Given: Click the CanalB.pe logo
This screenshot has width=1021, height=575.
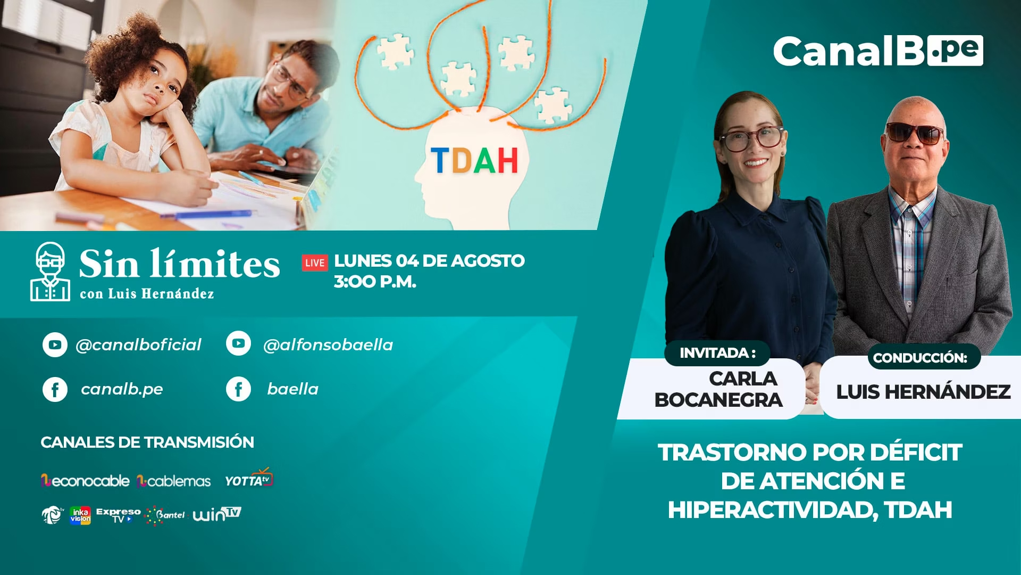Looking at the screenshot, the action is tap(878, 51).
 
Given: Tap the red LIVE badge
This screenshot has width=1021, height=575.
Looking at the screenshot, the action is tap(315, 262).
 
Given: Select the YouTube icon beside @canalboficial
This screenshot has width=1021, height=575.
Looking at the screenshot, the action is tap(55, 344).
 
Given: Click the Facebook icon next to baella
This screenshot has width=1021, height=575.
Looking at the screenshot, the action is tap(238, 389).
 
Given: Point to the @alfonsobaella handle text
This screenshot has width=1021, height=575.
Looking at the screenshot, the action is tap(328, 345).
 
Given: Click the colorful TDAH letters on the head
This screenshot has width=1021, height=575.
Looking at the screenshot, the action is tap(474, 161).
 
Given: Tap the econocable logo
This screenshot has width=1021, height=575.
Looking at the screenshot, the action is tap(85, 481).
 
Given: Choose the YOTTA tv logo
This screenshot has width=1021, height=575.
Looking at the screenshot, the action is tap(249, 479).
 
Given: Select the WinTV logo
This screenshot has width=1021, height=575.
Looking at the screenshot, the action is tap(217, 514).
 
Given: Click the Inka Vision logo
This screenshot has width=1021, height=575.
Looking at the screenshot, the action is tap(80, 515).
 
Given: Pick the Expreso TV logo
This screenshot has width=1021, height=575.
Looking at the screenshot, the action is tap(119, 515).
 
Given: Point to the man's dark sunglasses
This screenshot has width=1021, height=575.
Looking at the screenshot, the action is tap(914, 133).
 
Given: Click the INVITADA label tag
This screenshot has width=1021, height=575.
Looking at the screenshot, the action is tap(717, 353).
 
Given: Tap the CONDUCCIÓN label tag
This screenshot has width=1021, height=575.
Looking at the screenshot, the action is tap(920, 358).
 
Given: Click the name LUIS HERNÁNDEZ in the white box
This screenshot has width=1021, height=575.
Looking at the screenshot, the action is tap(923, 392).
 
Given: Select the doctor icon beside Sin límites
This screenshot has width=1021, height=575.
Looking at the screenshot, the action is tap(50, 272).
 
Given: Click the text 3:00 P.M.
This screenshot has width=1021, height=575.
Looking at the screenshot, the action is tap(375, 282).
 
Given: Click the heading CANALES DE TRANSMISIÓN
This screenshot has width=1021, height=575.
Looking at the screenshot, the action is tap(147, 442).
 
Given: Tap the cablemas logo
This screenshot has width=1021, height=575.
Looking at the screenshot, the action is tap(173, 481).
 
